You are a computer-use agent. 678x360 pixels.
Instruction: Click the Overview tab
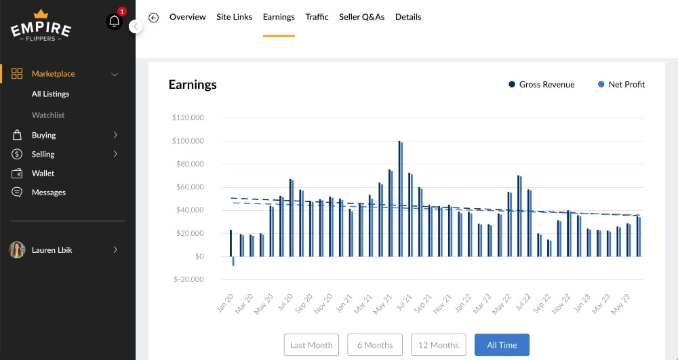pyautogui.click(x=187, y=17)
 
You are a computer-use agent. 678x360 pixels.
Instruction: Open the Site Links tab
pyautogui.click(x=234, y=17)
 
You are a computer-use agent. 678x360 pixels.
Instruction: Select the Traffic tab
pyautogui.click(x=317, y=17)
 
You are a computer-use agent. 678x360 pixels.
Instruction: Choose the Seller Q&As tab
pyautogui.click(x=361, y=17)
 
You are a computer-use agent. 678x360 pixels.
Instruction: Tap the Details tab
pyautogui.click(x=408, y=17)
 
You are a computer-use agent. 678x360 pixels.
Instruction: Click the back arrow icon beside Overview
pyautogui.click(x=154, y=18)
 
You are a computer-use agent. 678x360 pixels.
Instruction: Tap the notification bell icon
pyautogui.click(x=114, y=21)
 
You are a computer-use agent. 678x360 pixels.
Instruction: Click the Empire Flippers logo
pyautogui.click(x=41, y=26)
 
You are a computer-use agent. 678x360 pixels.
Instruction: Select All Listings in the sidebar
pyautogui.click(x=50, y=94)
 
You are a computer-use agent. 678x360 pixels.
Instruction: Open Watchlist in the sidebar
pyautogui.click(x=48, y=115)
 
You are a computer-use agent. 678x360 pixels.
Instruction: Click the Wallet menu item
pyautogui.click(x=43, y=174)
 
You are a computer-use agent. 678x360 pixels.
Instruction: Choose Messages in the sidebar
pyautogui.click(x=49, y=193)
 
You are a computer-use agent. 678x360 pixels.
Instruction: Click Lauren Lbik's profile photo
pyautogui.click(x=17, y=250)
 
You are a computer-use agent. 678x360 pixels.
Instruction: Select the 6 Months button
pyautogui.click(x=374, y=345)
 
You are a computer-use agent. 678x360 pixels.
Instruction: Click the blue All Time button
pyautogui.click(x=502, y=345)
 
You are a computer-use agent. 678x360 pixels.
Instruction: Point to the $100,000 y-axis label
pyautogui.click(x=188, y=141)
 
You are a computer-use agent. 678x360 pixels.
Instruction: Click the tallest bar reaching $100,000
pyautogui.click(x=400, y=198)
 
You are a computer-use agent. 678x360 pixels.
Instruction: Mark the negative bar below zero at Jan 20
pyautogui.click(x=233, y=261)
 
